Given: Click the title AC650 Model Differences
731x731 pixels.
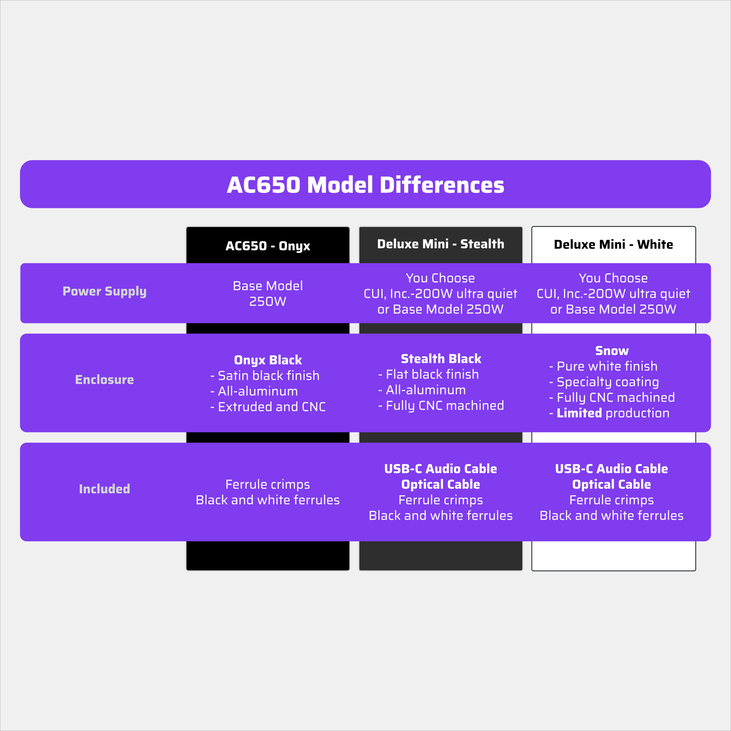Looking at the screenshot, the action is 365,185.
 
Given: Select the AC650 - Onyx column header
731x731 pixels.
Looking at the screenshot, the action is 268,246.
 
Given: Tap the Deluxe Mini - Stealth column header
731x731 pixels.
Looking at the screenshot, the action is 441,244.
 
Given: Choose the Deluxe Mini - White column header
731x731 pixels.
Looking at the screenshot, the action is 613,245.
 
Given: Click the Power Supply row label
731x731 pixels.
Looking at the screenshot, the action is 105,291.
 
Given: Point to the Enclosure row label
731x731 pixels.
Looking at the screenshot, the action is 105,379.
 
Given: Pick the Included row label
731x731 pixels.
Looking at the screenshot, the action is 105,489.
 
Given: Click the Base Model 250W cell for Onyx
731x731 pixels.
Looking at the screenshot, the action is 268,293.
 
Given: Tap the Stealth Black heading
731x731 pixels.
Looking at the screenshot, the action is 441,359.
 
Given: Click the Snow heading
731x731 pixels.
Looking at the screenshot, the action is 612,351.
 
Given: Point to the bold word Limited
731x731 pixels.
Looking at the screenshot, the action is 579,413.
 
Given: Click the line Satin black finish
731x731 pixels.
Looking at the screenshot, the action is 265,376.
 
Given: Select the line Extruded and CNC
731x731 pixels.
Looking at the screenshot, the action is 268,407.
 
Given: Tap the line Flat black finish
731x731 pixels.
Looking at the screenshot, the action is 429,375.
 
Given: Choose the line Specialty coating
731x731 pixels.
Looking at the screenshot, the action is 604,382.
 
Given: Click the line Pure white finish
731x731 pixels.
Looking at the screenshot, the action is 603,366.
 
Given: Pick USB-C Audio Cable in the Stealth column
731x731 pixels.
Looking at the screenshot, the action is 441,469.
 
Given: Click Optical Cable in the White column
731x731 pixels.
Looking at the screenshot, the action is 611,484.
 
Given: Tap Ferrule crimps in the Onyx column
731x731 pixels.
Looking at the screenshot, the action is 268,484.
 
